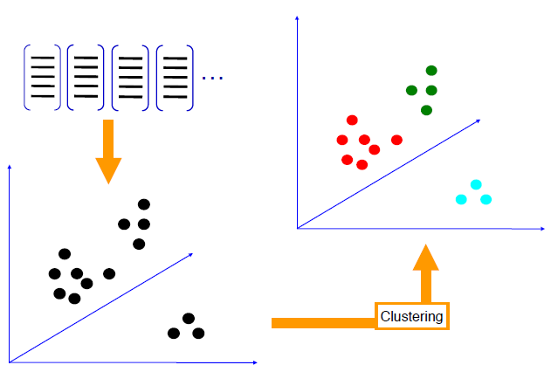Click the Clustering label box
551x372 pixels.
pyautogui.click(x=412, y=316)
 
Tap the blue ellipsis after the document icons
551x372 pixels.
pyautogui.click(x=212, y=79)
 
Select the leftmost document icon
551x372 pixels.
pyautogui.click(x=42, y=76)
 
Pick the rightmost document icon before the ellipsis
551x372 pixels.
pyautogui.click(x=176, y=76)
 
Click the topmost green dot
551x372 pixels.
pyautogui.click(x=430, y=71)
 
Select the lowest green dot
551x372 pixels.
pyautogui.click(x=426, y=110)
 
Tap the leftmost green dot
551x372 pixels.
pyautogui.click(x=411, y=90)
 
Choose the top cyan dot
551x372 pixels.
pyautogui.click(x=476, y=184)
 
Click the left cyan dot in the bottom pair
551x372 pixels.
pyautogui.click(x=462, y=199)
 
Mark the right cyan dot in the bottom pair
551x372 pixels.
pyautogui.click(x=486, y=199)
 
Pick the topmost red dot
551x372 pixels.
pyautogui.click(x=353, y=121)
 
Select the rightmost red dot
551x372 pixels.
pyautogui.click(x=396, y=140)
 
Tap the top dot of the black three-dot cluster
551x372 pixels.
pyautogui.click(x=188, y=318)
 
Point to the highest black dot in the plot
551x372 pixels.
pyautogui.click(x=144, y=204)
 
